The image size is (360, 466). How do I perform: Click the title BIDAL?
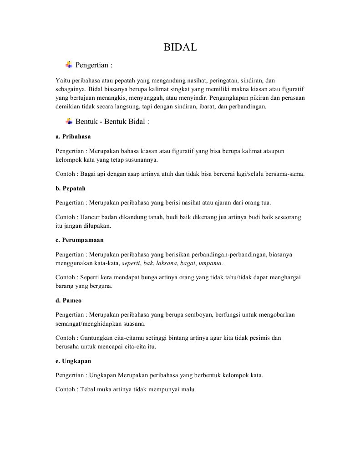tap(180, 47)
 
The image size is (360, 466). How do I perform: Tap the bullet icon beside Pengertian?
tap(69, 64)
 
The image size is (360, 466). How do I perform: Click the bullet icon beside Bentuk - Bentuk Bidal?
tap(69, 121)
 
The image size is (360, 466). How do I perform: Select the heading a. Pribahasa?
tap(73, 136)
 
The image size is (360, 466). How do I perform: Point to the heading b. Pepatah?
tap(71, 188)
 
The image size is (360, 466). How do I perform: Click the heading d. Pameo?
tap(68, 301)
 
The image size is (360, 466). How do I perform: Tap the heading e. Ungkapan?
tap(73, 361)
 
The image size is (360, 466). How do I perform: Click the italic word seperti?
tap(131, 263)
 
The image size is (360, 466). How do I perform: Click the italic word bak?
tap(148, 263)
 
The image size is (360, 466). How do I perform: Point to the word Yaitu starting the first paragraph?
tap(61, 80)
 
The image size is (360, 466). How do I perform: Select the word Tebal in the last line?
tap(88, 389)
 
